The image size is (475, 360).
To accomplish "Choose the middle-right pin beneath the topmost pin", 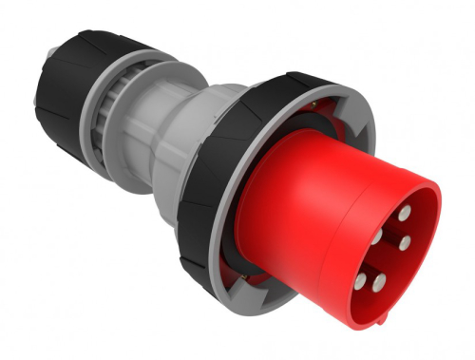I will tap(406, 244).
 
